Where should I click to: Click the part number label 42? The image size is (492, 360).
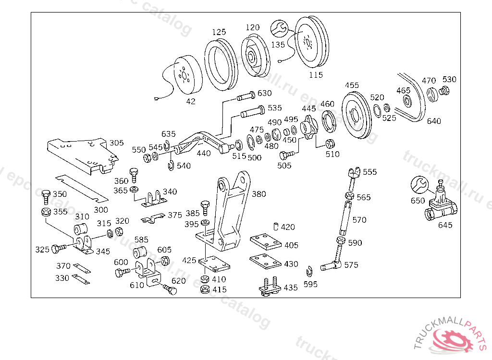[191, 101]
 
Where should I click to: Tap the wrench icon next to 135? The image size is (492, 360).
[279, 28]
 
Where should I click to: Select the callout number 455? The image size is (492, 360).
[352, 85]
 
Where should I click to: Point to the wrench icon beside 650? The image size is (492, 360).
[419, 185]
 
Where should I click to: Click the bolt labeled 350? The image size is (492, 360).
[46, 197]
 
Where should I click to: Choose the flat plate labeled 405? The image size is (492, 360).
[265, 242]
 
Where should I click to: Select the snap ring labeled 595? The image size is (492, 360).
[309, 271]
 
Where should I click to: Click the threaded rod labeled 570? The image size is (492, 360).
[345, 218]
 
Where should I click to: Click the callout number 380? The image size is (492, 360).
[259, 194]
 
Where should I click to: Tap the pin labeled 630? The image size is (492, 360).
[246, 96]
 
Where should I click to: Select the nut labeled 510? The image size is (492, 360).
[330, 144]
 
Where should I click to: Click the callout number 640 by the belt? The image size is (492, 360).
[434, 121]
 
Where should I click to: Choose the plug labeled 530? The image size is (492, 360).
[444, 90]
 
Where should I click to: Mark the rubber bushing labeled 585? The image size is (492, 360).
[140, 252]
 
